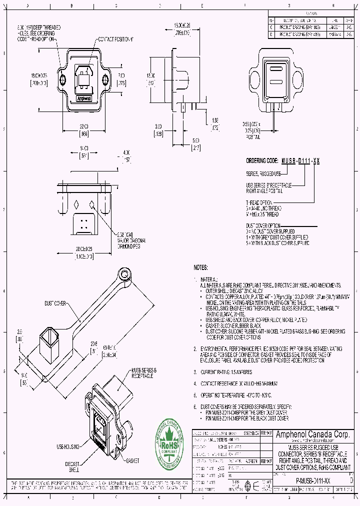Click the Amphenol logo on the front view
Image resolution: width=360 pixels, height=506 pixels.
(x=83, y=98)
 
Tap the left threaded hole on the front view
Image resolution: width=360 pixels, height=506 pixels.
(x=62, y=80)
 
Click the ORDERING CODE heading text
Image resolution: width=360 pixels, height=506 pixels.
(x=262, y=161)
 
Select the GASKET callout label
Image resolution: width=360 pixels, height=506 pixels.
(x=132, y=460)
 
